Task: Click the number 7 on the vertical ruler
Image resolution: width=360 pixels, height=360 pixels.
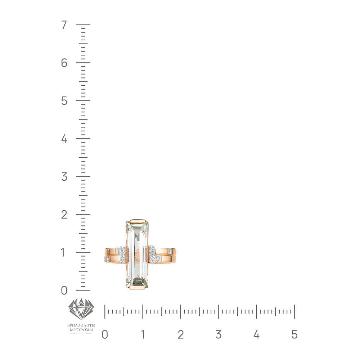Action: click(64, 25)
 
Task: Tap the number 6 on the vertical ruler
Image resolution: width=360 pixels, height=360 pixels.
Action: click(64, 63)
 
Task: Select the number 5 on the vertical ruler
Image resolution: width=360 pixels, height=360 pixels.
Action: click(64, 101)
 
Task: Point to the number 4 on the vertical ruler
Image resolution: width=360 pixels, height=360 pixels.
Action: click(64, 139)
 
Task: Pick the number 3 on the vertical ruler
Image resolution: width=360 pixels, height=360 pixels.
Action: click(64, 177)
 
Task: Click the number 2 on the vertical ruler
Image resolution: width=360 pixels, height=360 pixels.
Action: click(64, 215)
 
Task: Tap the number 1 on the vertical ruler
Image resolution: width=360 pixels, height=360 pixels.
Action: click(63, 253)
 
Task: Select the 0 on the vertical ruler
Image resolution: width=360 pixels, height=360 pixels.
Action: click(64, 291)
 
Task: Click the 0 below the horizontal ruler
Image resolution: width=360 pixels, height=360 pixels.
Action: click(105, 334)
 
